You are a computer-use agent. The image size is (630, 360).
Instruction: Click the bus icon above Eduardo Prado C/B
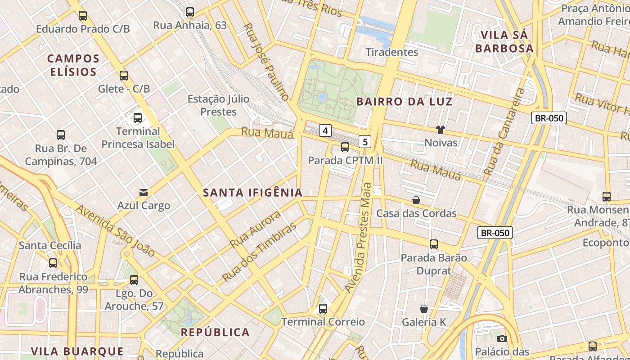(83, 16)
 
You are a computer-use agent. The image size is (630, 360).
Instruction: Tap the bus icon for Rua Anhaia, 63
(190, 12)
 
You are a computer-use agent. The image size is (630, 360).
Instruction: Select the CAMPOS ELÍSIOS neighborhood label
(73, 65)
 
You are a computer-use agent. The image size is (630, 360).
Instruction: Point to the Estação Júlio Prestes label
(218, 105)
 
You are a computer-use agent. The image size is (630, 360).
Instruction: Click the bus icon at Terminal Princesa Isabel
(138, 118)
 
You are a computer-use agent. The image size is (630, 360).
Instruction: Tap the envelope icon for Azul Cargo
(144, 193)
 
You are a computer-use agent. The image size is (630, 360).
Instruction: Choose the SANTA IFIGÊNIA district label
(252, 193)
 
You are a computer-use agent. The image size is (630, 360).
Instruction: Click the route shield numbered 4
(325, 131)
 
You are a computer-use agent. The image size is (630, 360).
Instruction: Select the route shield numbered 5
(365, 142)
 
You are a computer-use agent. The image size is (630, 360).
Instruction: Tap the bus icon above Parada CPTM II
(345, 147)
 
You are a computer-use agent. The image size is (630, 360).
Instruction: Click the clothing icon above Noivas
(440, 130)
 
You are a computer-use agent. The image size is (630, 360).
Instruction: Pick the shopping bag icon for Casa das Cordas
(416, 200)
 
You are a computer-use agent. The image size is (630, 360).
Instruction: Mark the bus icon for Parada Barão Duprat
(434, 244)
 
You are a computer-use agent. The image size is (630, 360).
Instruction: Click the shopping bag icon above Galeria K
(424, 309)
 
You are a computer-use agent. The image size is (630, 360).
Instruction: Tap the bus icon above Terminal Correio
(323, 309)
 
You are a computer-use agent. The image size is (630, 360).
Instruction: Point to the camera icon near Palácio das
(502, 338)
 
